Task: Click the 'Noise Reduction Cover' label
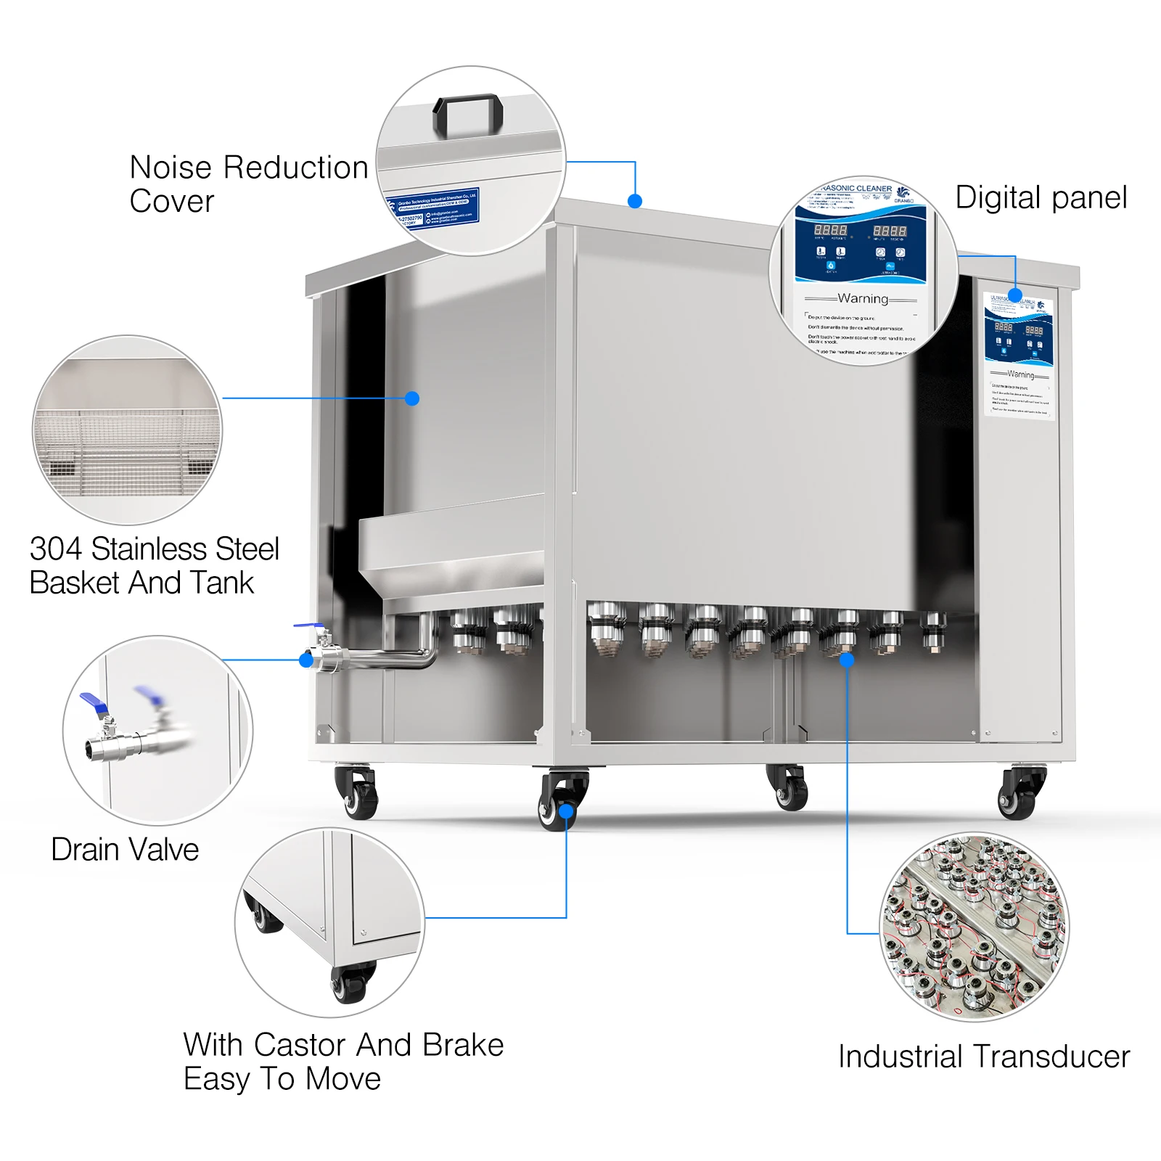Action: (248, 184)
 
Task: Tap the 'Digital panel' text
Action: (1041, 197)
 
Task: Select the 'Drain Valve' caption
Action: (125, 849)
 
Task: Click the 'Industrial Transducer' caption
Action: (983, 1057)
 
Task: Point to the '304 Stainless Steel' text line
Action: (154, 549)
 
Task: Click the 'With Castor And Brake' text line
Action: (343, 1045)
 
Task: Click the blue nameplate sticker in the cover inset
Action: (433, 208)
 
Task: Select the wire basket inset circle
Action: (127, 430)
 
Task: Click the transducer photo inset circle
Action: (974, 927)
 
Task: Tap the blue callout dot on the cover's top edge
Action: (635, 201)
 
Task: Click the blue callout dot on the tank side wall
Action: (412, 398)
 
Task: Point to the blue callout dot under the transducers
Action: (847, 660)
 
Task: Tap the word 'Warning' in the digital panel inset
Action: (863, 298)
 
